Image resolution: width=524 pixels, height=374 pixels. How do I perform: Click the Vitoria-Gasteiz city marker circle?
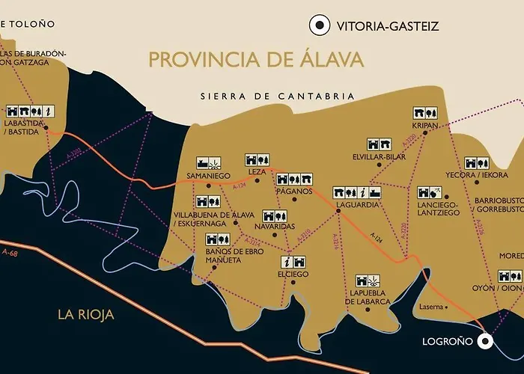320,25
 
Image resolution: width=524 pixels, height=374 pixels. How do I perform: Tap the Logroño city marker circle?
485,341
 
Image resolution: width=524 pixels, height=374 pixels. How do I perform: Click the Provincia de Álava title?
256,59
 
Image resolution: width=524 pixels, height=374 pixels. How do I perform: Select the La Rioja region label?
86,314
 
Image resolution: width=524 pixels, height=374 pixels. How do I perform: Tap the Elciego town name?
292,274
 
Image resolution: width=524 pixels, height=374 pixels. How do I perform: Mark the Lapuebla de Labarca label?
369,297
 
